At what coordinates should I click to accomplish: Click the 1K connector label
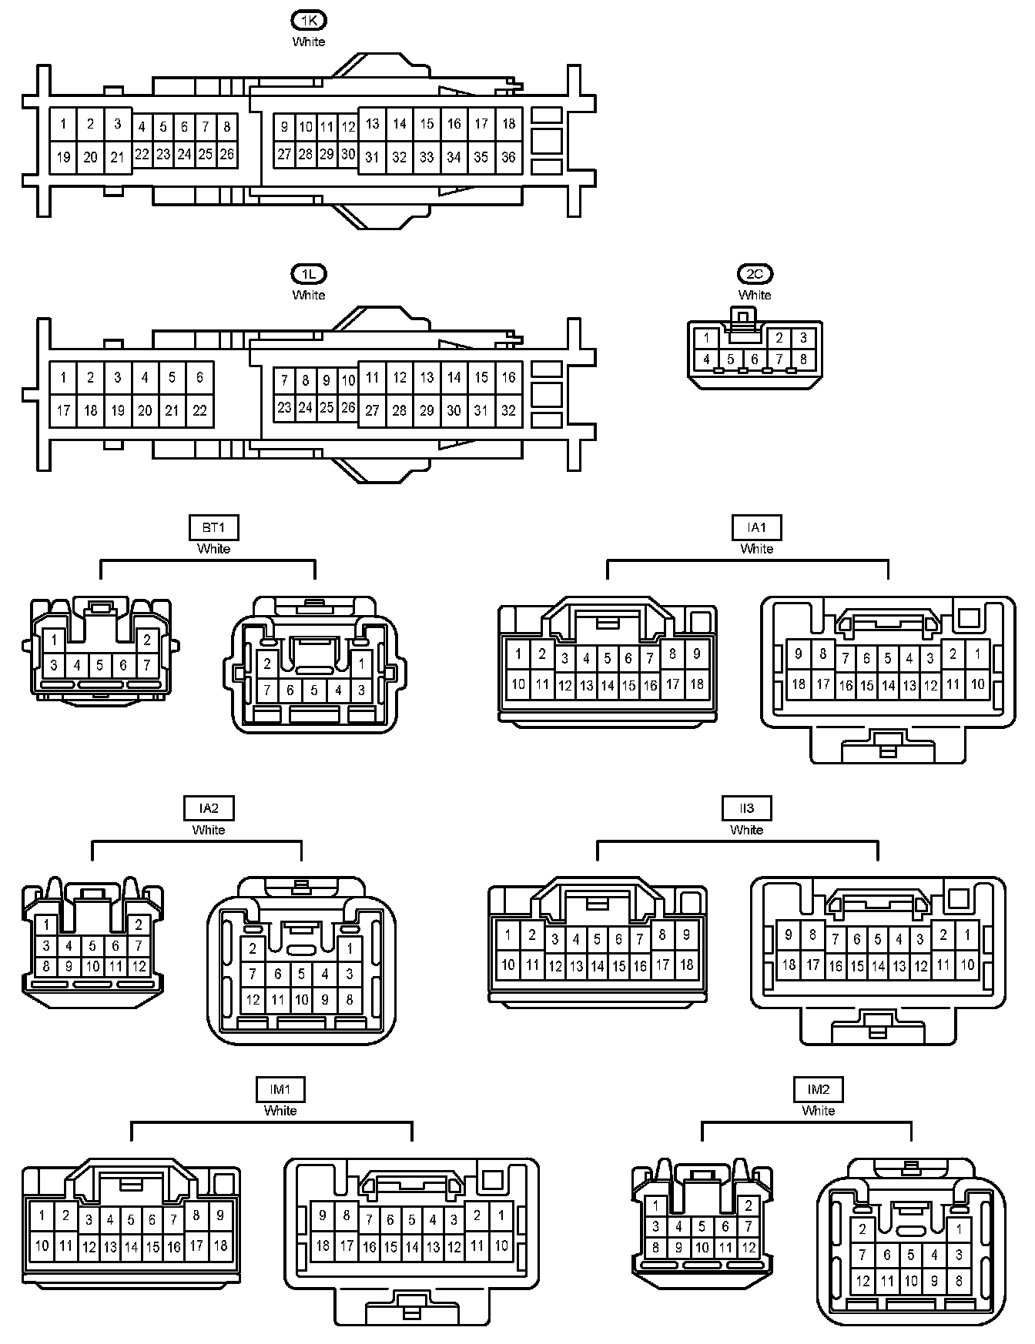(309, 21)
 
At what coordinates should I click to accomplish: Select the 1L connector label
(309, 274)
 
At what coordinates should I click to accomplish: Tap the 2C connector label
(755, 274)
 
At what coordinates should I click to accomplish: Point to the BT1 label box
(213, 527)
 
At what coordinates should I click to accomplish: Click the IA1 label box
(757, 527)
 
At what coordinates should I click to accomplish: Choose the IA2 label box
(209, 808)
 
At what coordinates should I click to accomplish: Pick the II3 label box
(746, 808)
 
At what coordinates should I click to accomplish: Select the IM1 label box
(280, 1089)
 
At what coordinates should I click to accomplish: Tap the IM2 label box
(819, 1089)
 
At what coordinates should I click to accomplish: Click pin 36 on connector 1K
(508, 157)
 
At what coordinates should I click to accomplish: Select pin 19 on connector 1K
(63, 157)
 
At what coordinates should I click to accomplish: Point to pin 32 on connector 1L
(508, 410)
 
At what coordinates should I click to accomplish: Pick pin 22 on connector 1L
(199, 410)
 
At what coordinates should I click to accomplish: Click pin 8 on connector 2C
(803, 359)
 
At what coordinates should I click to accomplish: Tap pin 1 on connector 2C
(706, 337)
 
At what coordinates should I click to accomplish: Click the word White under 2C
(755, 295)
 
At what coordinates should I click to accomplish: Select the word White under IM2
(819, 1110)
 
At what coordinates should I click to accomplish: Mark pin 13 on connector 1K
(372, 124)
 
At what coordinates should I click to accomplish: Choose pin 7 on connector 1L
(284, 379)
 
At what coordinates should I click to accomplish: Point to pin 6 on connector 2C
(755, 359)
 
